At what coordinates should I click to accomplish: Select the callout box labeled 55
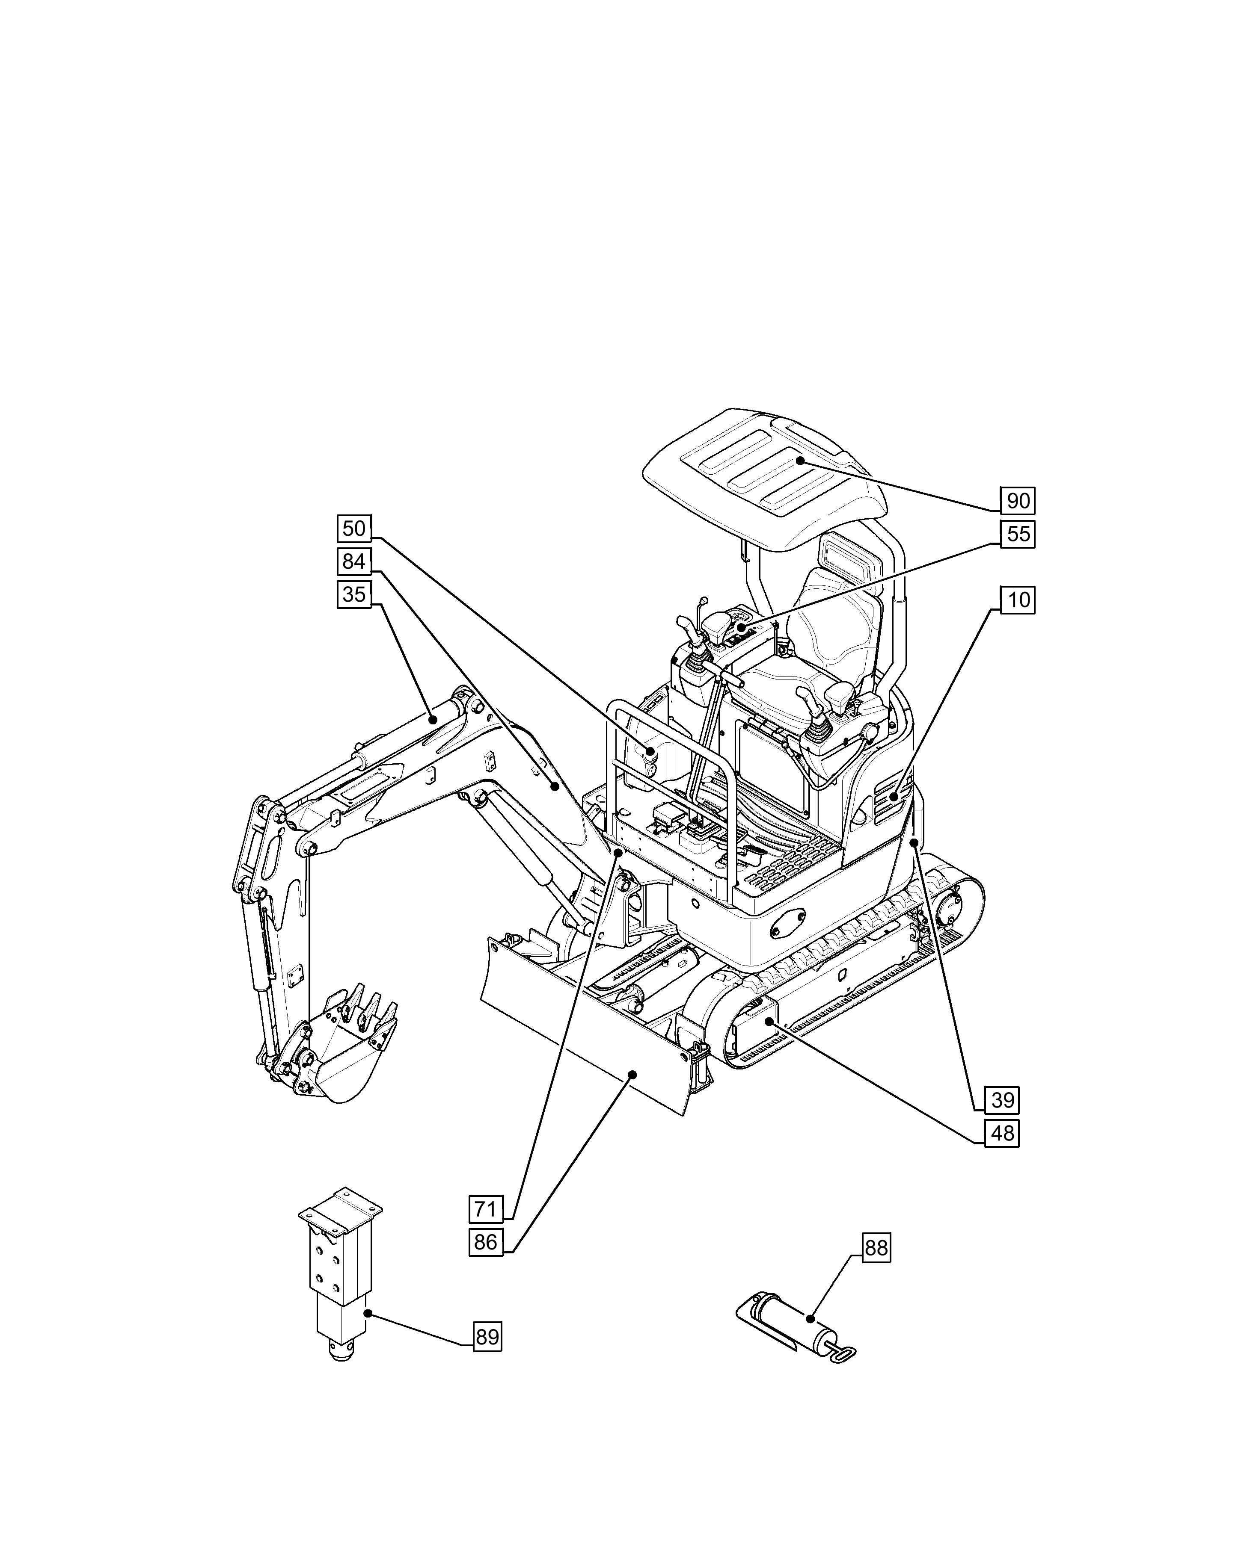[1018, 534]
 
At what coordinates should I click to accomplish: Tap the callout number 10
[1018, 600]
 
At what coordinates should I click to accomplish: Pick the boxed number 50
[353, 529]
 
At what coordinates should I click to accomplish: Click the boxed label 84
[353, 561]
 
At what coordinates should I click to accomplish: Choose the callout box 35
[353, 594]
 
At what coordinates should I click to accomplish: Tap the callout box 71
[486, 1209]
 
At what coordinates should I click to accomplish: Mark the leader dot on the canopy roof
[800, 460]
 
